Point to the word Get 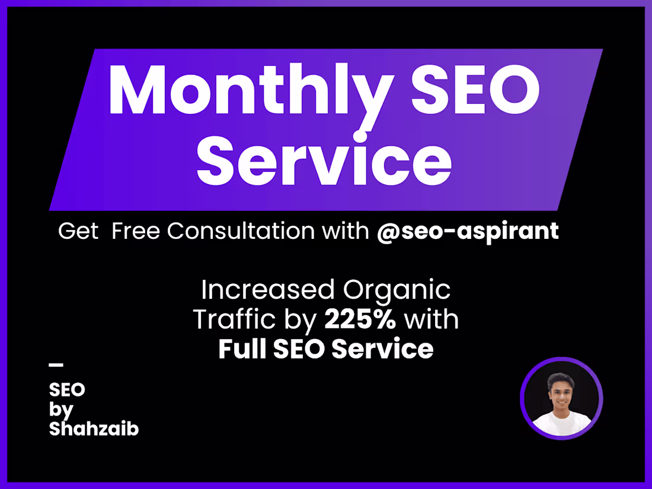pos(78,231)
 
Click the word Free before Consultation pos(136,231)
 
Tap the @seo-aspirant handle pos(468,231)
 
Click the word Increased pos(268,290)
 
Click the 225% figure pos(360,320)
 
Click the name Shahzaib pos(94,429)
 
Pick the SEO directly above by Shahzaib pos(67,389)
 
